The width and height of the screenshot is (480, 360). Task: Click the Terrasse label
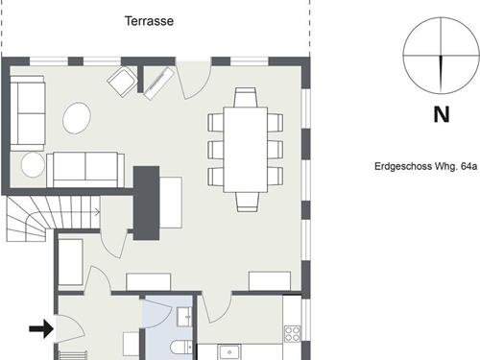click(149, 21)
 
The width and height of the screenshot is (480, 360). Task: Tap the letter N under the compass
click(442, 114)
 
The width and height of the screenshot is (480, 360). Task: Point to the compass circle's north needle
click(442, 74)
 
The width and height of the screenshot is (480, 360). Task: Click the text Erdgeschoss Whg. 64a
click(425, 166)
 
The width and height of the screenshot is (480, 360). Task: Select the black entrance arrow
click(41, 328)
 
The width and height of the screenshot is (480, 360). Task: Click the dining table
click(246, 150)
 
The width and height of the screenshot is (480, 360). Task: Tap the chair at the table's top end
click(246, 97)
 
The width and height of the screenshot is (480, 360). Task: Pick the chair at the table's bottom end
click(248, 202)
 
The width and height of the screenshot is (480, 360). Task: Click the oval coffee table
click(77, 118)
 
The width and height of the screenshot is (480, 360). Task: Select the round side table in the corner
click(33, 164)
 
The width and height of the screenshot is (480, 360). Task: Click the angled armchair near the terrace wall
click(123, 81)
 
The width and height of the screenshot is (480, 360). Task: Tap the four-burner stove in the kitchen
click(293, 333)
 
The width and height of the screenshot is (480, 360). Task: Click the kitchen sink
click(229, 352)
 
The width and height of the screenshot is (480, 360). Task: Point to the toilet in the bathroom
click(181, 349)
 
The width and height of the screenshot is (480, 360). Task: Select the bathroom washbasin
click(184, 317)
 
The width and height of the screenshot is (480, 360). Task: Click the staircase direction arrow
click(96, 211)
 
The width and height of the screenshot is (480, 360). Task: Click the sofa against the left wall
click(27, 113)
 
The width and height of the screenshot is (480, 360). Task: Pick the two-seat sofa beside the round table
click(85, 170)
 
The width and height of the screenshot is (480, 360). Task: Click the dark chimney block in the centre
click(146, 203)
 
